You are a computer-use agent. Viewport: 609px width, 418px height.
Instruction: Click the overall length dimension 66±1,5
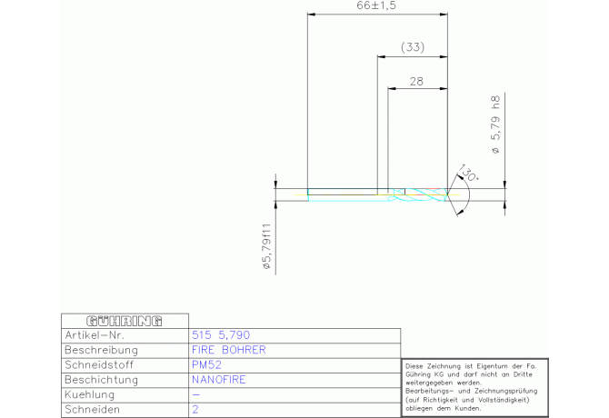pyautogui.click(x=376, y=5)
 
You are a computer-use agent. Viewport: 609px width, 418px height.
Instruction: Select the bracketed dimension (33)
pyautogui.click(x=413, y=47)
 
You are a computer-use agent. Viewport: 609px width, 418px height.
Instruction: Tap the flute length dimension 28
pyautogui.click(x=416, y=82)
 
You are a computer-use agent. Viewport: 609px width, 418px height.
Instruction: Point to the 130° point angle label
pyautogui.click(x=468, y=173)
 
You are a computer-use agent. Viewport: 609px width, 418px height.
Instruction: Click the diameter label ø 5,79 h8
pyautogui.click(x=496, y=124)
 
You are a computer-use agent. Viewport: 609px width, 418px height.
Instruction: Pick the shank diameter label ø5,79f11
pyautogui.click(x=266, y=246)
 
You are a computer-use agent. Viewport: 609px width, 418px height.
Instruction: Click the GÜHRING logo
pyautogui.click(x=125, y=321)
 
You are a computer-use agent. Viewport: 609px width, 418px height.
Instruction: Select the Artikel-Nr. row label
pyautogui.click(x=95, y=335)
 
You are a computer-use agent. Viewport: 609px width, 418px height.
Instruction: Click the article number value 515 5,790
pyautogui.click(x=221, y=335)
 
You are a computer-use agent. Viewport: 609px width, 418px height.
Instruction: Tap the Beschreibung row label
pyautogui.click(x=102, y=350)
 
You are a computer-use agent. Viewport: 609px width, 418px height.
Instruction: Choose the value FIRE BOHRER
pyautogui.click(x=229, y=350)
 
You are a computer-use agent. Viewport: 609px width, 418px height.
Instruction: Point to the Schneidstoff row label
pyautogui.click(x=99, y=364)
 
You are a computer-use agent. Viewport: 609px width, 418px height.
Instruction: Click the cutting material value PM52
pyautogui.click(x=206, y=364)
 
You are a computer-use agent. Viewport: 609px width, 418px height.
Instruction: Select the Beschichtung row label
pyautogui.click(x=102, y=380)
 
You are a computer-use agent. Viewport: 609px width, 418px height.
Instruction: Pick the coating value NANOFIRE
pyautogui.click(x=219, y=380)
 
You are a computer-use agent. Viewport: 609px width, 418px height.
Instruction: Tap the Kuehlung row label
pyautogui.click(x=90, y=394)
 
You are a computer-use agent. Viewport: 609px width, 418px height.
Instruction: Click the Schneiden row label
pyautogui.click(x=92, y=410)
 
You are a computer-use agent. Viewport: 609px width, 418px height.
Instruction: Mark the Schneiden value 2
pyautogui.click(x=195, y=410)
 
